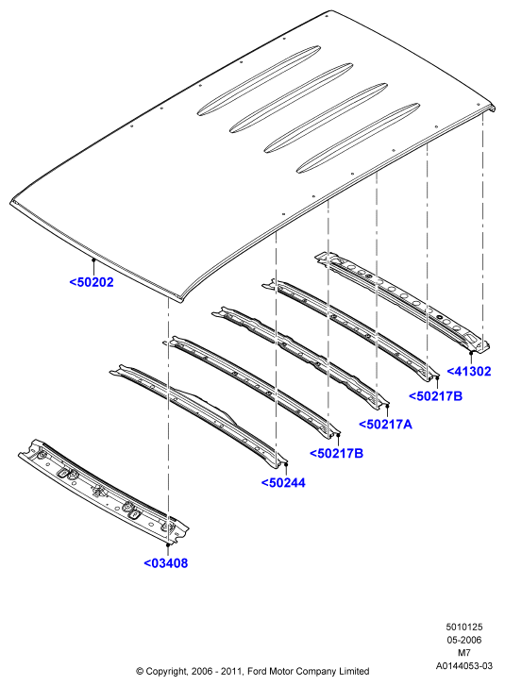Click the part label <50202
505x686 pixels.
coord(92,282)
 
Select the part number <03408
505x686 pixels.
coord(166,563)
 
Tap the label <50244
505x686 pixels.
coord(283,482)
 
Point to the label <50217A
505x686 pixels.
coord(385,424)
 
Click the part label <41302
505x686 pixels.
coord(469,371)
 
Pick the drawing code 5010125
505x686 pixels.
coord(463,627)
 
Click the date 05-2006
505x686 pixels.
coord(463,640)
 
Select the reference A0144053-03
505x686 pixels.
coord(463,666)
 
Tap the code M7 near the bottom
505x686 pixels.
coord(463,653)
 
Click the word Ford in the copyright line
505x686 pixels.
coord(258,671)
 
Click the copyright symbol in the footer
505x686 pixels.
coord(140,671)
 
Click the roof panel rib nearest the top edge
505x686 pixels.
coord(259,80)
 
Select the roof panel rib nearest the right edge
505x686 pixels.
coord(358,139)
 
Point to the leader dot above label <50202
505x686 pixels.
coord(93,259)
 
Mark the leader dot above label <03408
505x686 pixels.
coord(168,544)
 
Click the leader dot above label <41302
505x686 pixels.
coord(471,352)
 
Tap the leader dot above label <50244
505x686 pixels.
coord(286,463)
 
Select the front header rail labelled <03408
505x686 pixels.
coord(104,493)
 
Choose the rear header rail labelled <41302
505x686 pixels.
coord(402,302)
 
